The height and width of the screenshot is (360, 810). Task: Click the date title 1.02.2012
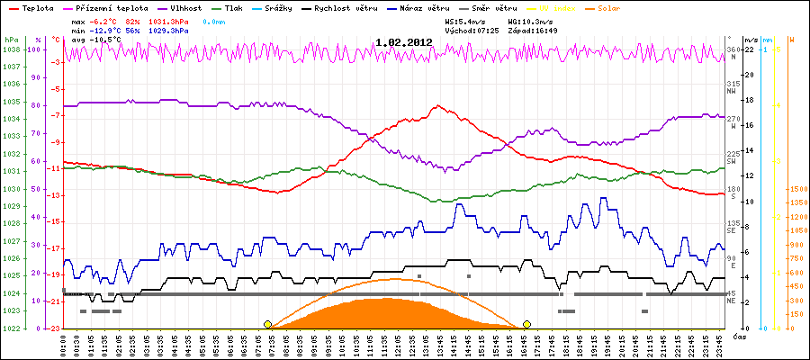pos(404,41)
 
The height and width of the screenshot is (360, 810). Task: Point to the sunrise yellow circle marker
pos(267,324)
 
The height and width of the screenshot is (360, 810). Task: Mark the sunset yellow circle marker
pos(526,324)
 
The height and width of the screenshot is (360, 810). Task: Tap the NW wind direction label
pos(733,91)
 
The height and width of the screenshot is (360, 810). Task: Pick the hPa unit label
pos(11,40)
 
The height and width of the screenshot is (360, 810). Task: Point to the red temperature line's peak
pos(438,105)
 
